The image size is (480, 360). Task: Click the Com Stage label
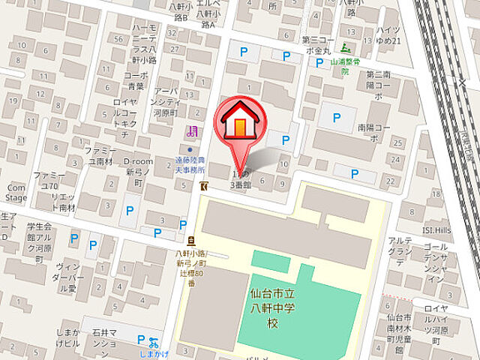[16, 193]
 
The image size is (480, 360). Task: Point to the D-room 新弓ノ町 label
[138, 167]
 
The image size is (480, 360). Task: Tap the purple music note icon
[193, 132]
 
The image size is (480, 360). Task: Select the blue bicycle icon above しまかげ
[154, 340]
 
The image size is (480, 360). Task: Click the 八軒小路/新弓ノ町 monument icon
[191, 241]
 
